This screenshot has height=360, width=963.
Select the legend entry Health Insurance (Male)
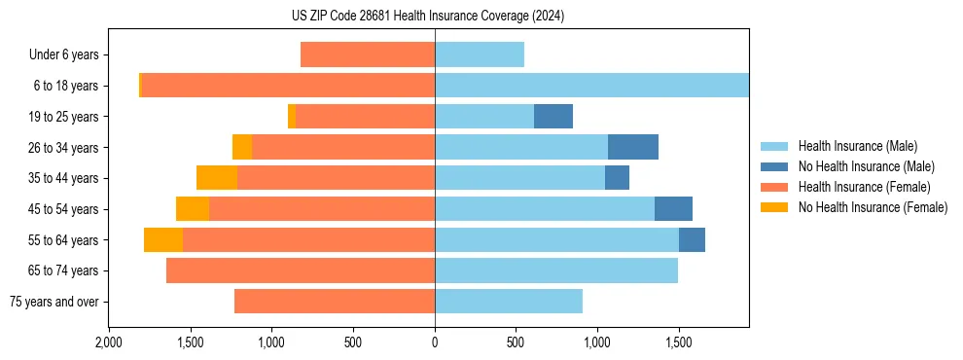tap(857, 146)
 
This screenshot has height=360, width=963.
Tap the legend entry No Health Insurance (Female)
tap(873, 207)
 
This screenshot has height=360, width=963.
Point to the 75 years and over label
tap(53, 302)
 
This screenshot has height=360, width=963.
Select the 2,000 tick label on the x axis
tap(109, 343)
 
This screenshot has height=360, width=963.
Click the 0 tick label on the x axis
tap(435, 343)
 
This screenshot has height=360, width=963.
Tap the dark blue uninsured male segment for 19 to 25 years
tap(553, 117)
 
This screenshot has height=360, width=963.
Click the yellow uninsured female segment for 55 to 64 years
tap(163, 240)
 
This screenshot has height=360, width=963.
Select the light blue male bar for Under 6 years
tap(480, 55)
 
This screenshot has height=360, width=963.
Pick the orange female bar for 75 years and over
tap(335, 302)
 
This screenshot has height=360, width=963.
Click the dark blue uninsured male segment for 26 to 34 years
tap(633, 148)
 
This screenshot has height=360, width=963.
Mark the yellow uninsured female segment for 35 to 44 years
tap(217, 178)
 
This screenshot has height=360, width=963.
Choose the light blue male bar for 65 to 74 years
tap(556, 270)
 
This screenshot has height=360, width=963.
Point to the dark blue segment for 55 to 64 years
tap(692, 240)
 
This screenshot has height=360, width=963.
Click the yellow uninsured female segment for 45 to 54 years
tap(193, 209)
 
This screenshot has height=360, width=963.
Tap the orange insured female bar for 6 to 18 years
tap(288, 86)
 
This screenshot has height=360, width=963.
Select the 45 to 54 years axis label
tap(64, 209)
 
